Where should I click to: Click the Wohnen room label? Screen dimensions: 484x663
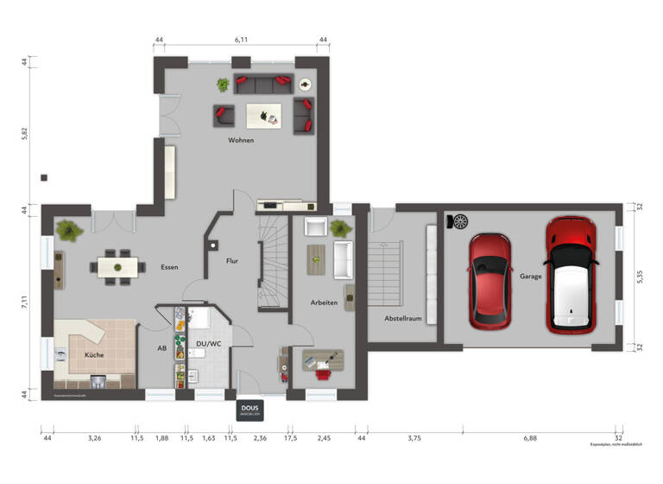click(241, 140)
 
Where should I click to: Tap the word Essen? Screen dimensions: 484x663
click(169, 267)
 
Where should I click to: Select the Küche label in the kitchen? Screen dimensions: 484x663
click(94, 355)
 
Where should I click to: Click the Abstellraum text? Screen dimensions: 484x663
click(403, 318)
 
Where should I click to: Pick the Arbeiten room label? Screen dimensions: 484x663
click(325, 302)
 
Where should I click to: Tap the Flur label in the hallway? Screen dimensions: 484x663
click(232, 260)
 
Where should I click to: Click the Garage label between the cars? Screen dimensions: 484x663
click(530, 277)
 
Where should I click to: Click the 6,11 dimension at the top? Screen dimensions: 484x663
click(242, 40)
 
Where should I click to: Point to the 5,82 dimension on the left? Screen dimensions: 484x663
click(25, 134)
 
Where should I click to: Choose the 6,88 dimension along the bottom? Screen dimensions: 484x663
click(529, 438)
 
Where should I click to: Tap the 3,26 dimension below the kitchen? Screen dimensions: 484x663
click(95, 438)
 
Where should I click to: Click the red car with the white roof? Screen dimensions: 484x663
click(572, 275)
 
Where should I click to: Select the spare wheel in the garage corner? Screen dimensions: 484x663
click(458, 222)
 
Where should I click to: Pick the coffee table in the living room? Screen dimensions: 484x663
click(263, 114)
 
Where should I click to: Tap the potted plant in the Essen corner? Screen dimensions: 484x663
click(66, 230)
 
